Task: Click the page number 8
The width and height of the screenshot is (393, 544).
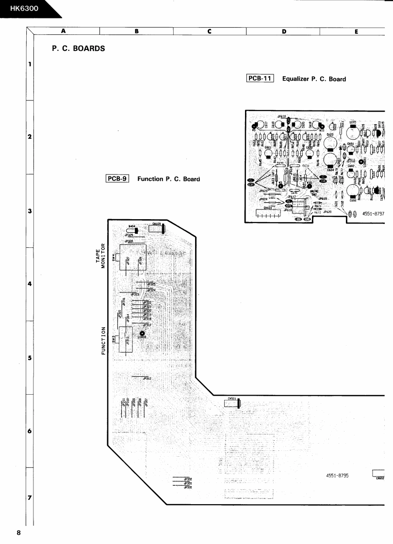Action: (x=19, y=533)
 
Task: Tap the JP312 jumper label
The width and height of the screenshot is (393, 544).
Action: (x=146, y=378)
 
